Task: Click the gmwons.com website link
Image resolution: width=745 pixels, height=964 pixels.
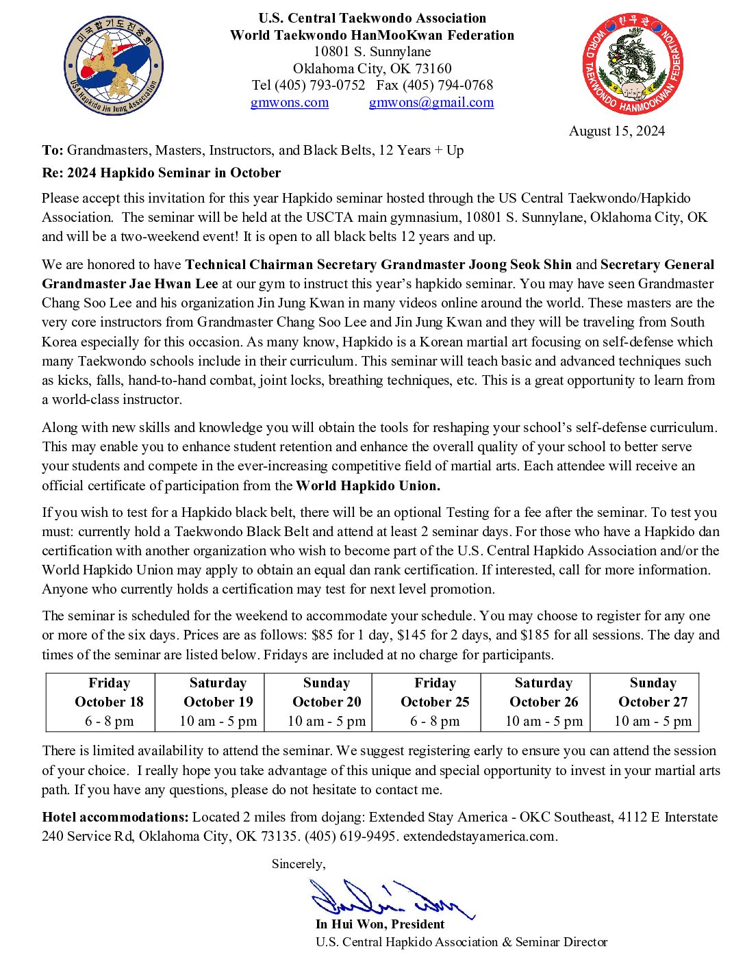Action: tap(289, 103)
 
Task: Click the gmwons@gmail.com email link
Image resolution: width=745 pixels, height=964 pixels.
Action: tap(431, 103)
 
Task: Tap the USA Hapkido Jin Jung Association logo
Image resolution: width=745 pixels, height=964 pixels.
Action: tap(114, 66)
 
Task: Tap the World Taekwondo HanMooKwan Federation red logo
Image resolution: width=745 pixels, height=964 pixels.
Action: tap(632, 64)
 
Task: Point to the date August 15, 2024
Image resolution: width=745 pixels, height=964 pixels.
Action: tap(616, 131)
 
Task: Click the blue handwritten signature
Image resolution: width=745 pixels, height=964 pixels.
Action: tap(390, 899)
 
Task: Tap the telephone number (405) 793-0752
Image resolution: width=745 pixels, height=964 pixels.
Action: tap(320, 86)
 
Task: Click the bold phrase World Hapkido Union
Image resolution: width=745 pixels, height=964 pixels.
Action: tap(368, 486)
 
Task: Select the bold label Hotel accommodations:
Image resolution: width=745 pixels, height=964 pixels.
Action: tap(115, 817)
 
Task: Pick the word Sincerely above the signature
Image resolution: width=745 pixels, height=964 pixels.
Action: tap(298, 864)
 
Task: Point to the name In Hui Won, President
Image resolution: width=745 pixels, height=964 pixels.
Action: tap(380, 924)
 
